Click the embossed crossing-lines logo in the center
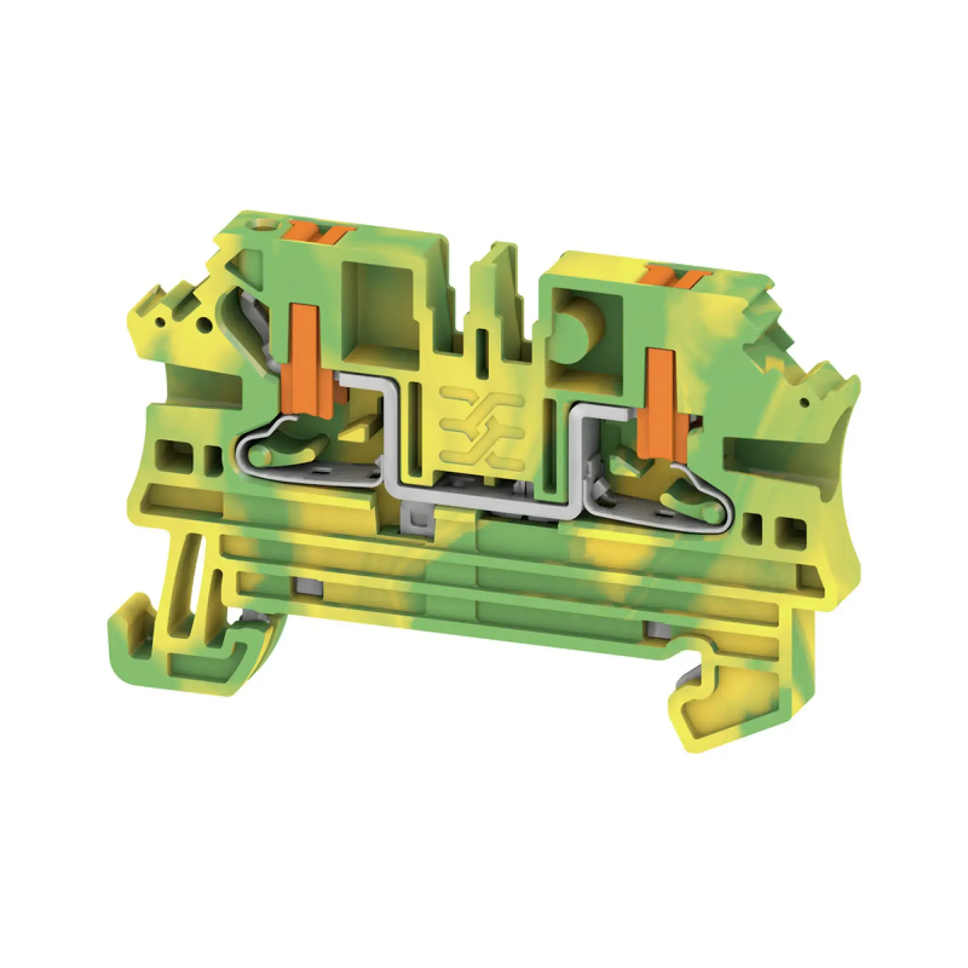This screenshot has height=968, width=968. coord(482,426)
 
